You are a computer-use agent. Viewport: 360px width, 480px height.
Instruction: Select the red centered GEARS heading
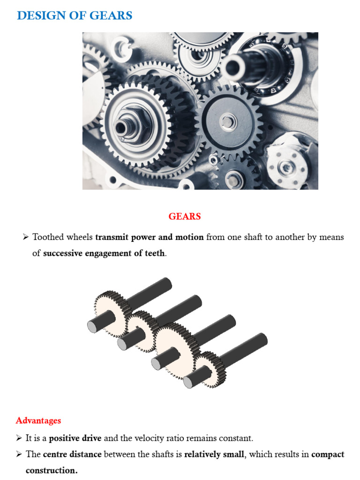(185, 216)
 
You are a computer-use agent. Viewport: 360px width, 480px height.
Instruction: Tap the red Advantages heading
(38, 420)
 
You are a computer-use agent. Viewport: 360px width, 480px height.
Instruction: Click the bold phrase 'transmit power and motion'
(149, 237)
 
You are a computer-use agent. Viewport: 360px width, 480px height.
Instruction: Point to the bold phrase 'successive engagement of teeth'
(104, 254)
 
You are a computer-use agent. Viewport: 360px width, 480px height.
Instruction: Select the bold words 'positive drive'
(75, 438)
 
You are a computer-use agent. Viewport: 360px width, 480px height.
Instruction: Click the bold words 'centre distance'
(72, 454)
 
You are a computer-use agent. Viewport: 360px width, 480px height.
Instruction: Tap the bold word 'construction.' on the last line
(52, 470)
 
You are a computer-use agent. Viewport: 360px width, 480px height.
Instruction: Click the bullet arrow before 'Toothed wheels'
(26, 237)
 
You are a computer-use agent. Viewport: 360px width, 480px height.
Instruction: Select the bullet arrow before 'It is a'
(19, 438)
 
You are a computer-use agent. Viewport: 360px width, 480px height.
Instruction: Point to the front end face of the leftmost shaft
(93, 326)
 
